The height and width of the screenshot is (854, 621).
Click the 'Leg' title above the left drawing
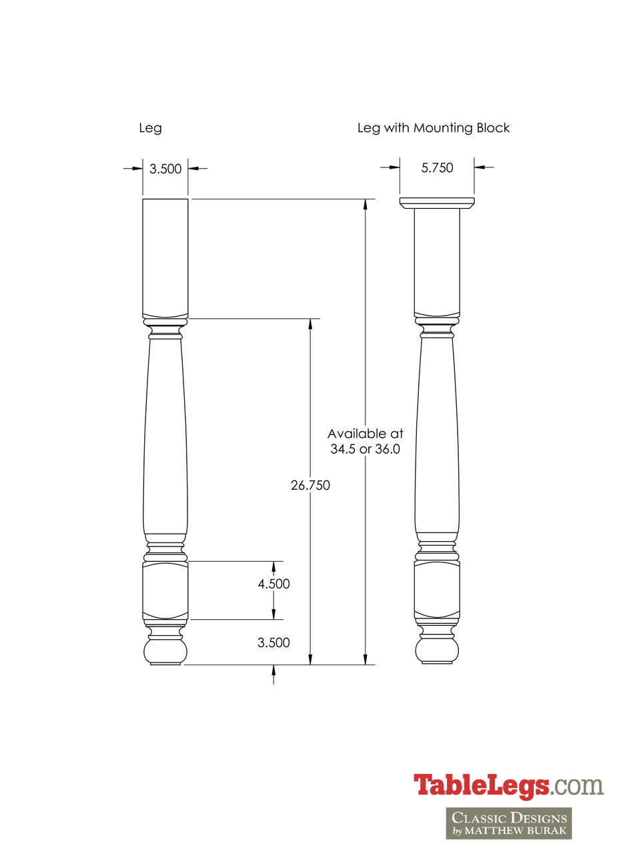pyautogui.click(x=150, y=128)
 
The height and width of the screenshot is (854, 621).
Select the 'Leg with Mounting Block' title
pyautogui.click(x=434, y=128)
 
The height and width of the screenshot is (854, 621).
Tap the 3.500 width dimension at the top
pyautogui.click(x=165, y=169)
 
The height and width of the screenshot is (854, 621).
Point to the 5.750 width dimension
pyautogui.click(x=437, y=168)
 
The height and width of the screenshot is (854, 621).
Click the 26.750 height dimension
pyautogui.click(x=310, y=486)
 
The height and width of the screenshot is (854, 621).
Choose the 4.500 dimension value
pyautogui.click(x=273, y=584)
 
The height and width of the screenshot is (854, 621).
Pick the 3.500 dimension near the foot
pyautogui.click(x=273, y=643)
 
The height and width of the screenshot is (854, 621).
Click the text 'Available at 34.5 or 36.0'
pyautogui.click(x=366, y=442)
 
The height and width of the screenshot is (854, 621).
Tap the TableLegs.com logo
pyautogui.click(x=508, y=785)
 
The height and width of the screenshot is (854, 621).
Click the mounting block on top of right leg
pyautogui.click(x=437, y=202)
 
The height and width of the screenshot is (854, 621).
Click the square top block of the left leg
pyautogui.click(x=165, y=257)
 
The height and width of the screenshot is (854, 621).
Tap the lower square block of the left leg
pyautogui.click(x=165, y=590)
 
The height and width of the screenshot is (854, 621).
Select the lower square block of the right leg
pyautogui.click(x=437, y=589)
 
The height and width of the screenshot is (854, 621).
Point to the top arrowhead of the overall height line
pyautogui.click(x=365, y=203)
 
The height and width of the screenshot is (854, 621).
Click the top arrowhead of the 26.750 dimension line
pyautogui.click(x=310, y=324)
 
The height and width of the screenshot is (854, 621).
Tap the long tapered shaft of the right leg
pyautogui.click(x=437, y=434)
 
